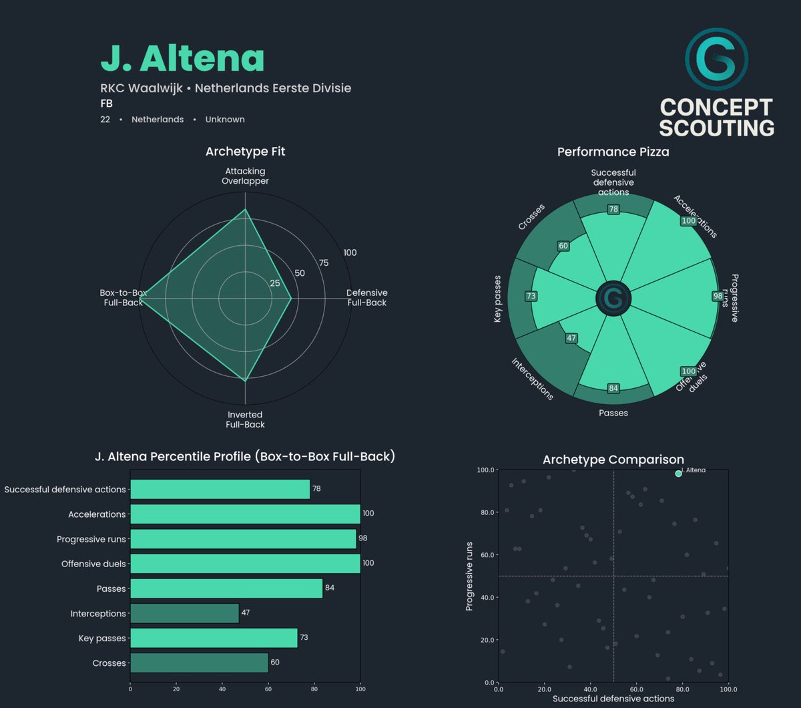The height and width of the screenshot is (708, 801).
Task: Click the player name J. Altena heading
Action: tap(182, 59)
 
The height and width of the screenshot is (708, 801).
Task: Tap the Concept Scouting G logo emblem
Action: tap(716, 59)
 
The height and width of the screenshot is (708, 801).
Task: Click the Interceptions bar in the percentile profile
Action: tap(184, 613)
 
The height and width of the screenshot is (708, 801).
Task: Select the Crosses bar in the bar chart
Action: tap(199, 663)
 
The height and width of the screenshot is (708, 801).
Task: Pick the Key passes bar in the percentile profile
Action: tap(214, 638)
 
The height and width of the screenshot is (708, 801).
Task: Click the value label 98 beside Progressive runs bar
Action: tap(363, 538)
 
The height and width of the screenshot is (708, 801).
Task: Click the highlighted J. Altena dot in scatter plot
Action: tap(678, 473)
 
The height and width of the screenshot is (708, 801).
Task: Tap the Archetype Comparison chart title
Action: tap(613, 460)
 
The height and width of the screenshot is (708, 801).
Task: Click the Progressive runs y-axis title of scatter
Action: tap(470, 576)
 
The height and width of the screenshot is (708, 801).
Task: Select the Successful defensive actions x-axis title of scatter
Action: tap(613, 699)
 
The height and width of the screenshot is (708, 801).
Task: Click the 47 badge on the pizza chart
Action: tap(571, 338)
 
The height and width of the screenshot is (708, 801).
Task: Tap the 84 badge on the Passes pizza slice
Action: tap(613, 388)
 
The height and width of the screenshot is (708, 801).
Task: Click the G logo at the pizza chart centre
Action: tap(613, 298)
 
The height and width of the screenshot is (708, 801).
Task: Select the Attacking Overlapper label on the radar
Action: tap(245, 176)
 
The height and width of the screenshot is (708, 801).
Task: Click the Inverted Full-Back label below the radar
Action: tap(245, 419)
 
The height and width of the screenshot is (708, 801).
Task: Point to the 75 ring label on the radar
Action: tap(324, 262)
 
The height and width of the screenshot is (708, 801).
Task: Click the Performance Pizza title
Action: tap(613, 152)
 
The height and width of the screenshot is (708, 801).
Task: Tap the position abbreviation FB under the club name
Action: tap(106, 104)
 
